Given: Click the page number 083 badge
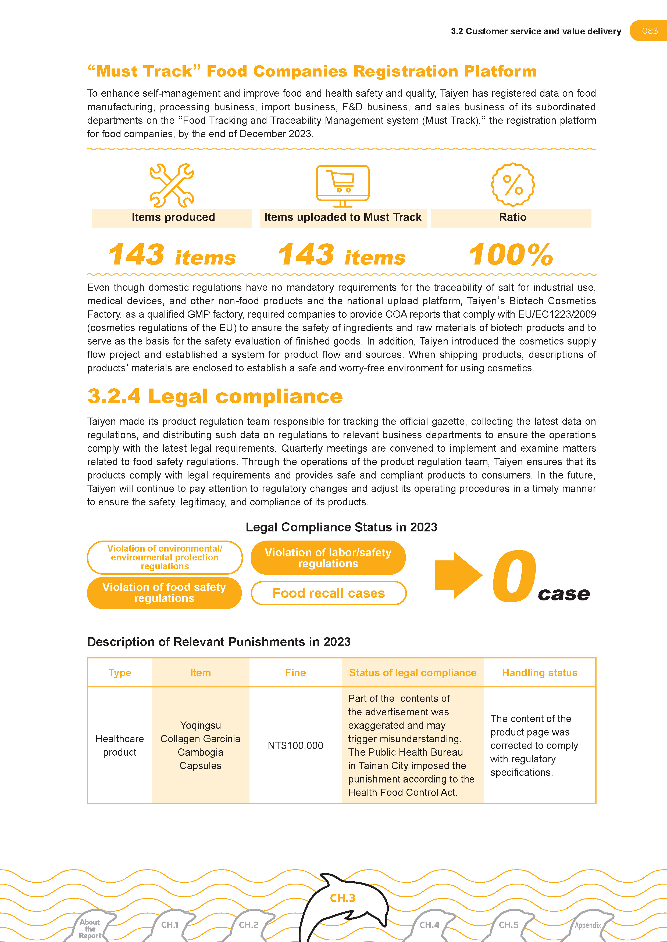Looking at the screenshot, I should pyautogui.click(x=649, y=31).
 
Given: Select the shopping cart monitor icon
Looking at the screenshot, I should pyautogui.click(x=343, y=186).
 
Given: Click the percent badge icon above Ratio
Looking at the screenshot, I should pyautogui.click(x=513, y=185).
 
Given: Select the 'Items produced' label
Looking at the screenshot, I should pyautogui.click(x=173, y=218).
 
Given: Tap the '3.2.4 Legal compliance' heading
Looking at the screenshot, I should pyautogui.click(x=215, y=396).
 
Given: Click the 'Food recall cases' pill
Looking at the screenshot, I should pyautogui.click(x=329, y=593).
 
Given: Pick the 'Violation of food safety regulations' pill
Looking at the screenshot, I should pyautogui.click(x=164, y=593).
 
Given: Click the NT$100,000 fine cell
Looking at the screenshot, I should pyautogui.click(x=295, y=745).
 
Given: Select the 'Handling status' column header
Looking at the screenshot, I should pyautogui.click(x=540, y=673).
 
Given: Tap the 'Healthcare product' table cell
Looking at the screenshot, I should pyautogui.click(x=120, y=745).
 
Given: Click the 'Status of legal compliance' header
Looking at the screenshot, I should pyautogui.click(x=412, y=673).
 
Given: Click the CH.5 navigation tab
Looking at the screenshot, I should pyautogui.click(x=508, y=925).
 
